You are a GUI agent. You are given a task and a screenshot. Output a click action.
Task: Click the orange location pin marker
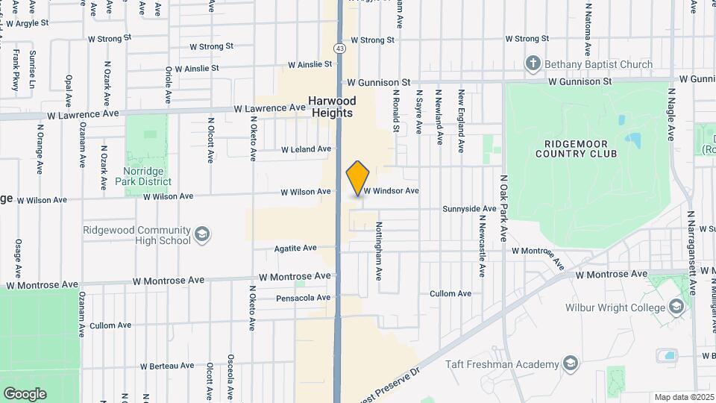pos(358,178)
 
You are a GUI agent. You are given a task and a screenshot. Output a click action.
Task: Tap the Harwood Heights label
pos(333,107)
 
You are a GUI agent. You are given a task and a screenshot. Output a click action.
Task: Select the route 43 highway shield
pos(339,48)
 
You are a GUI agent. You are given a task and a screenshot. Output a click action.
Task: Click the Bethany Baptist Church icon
pos(533,64)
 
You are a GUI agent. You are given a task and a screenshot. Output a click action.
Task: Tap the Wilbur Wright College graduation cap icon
pos(676,307)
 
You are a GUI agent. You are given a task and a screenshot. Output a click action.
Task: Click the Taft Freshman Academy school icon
pos(571,363)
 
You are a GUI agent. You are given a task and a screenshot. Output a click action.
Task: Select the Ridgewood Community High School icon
pos(201,235)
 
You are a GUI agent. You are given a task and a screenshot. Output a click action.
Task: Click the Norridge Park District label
pos(147,175)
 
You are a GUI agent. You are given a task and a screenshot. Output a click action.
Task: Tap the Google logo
pos(25,393)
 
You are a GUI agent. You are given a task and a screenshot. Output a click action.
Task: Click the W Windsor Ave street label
pos(391,191)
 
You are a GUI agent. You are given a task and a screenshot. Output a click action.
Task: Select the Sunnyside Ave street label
pos(469,209)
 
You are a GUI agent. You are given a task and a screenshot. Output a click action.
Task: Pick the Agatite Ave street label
pos(295,248)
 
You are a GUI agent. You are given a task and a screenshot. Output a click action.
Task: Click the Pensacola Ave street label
pos(303,298)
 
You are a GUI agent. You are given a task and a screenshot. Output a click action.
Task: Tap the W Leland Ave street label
pos(306,149)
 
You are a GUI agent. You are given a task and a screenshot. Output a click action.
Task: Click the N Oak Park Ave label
pos(504,208)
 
